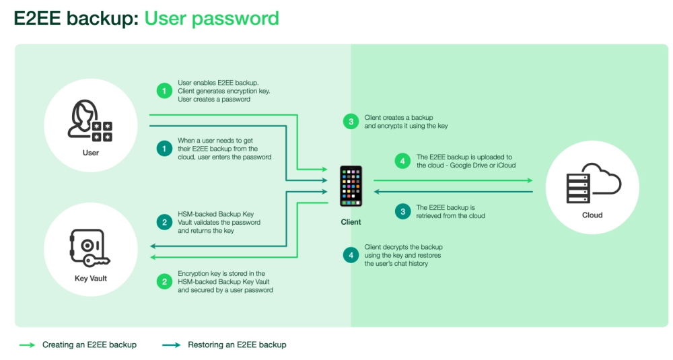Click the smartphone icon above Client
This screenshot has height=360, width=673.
pyautogui.click(x=351, y=186)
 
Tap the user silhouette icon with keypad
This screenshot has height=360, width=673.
pyautogui.click(x=90, y=120)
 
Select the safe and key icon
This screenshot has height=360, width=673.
pyautogui.click(x=85, y=246)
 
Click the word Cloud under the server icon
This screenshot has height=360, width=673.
pyautogui.click(x=592, y=215)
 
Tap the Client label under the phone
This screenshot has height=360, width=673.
pyautogui.click(x=351, y=221)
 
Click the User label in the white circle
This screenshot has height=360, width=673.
pyautogui.click(x=91, y=153)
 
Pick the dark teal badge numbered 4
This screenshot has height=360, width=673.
pyautogui.click(x=351, y=255)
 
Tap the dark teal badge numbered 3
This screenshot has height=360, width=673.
pyautogui.click(x=403, y=211)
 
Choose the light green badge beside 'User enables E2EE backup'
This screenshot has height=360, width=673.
pyautogui.click(x=164, y=91)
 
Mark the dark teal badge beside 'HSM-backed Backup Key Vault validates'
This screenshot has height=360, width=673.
pyautogui.click(x=164, y=221)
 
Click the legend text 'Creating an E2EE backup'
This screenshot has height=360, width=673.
pyautogui.click(x=90, y=345)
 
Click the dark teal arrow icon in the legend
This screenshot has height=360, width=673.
pyautogui.click(x=172, y=345)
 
